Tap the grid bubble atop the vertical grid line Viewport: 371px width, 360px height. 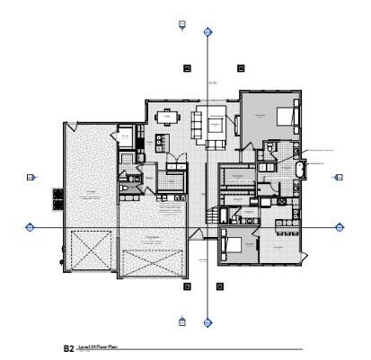(x=208, y=31)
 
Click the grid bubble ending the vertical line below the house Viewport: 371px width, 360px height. (x=208, y=321)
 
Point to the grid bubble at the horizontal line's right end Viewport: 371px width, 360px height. (x=340, y=228)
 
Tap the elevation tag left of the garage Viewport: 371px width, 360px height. (x=31, y=178)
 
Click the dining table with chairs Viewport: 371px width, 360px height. (x=167, y=117)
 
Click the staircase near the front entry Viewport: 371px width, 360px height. (x=213, y=215)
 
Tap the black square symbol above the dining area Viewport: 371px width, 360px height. (x=188, y=67)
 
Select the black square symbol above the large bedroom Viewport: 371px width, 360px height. (x=240, y=67)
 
